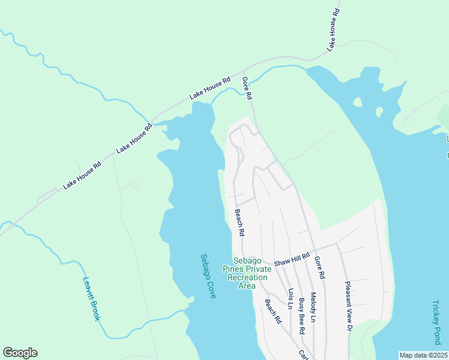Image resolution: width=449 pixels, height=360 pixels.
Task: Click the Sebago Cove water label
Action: tap(208, 277)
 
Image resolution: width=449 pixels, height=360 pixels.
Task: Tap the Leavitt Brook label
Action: tap(91, 298)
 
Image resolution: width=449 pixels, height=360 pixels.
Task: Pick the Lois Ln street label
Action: tap(291, 299)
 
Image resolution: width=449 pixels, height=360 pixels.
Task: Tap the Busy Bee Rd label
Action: tap(302, 316)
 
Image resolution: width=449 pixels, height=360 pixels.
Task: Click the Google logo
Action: tap(20, 353)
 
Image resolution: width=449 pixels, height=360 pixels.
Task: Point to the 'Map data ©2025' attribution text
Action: tap(423, 355)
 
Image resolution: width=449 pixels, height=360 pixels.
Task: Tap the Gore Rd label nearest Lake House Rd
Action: tap(247, 88)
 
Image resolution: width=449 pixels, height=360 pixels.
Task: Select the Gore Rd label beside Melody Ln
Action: tap(319, 266)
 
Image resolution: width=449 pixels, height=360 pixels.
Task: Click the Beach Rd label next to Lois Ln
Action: tap(274, 311)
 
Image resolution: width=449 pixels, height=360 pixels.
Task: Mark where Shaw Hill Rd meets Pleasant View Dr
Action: tap(337, 244)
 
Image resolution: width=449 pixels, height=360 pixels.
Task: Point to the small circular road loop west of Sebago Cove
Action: tap(134, 184)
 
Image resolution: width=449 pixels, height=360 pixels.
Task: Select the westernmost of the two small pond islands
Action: tap(358, 102)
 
